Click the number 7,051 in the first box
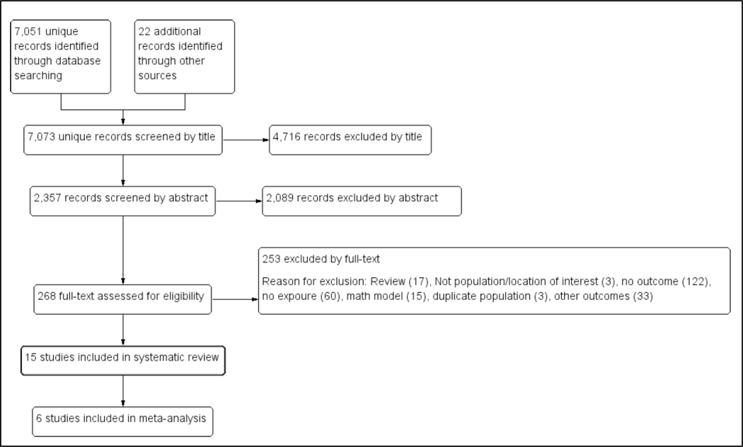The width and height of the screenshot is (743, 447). pos(28,32)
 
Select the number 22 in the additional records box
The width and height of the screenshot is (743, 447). pos(144,31)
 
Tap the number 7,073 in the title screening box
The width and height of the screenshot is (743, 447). pos(41,137)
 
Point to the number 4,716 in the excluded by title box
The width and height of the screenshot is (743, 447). pos(287,137)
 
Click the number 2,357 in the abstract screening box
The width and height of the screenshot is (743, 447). pos(47,198)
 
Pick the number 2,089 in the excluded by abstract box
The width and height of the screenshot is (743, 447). pos(280,198)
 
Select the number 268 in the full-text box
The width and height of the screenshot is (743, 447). pos(47,296)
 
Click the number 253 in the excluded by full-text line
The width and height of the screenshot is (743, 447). pos(272,259)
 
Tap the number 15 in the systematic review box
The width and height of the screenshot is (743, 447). pos(31,357)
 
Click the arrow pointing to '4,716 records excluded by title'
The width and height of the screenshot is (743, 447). pos(246,140)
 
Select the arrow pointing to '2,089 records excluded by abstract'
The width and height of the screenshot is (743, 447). pos(239,201)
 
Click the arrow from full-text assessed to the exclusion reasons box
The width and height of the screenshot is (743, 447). pos(235,299)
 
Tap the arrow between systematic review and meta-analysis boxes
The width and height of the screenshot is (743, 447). pos(123,390)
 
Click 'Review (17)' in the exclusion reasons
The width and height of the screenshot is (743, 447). pos(401,281)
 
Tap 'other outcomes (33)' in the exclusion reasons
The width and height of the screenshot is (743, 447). pos(603,296)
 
